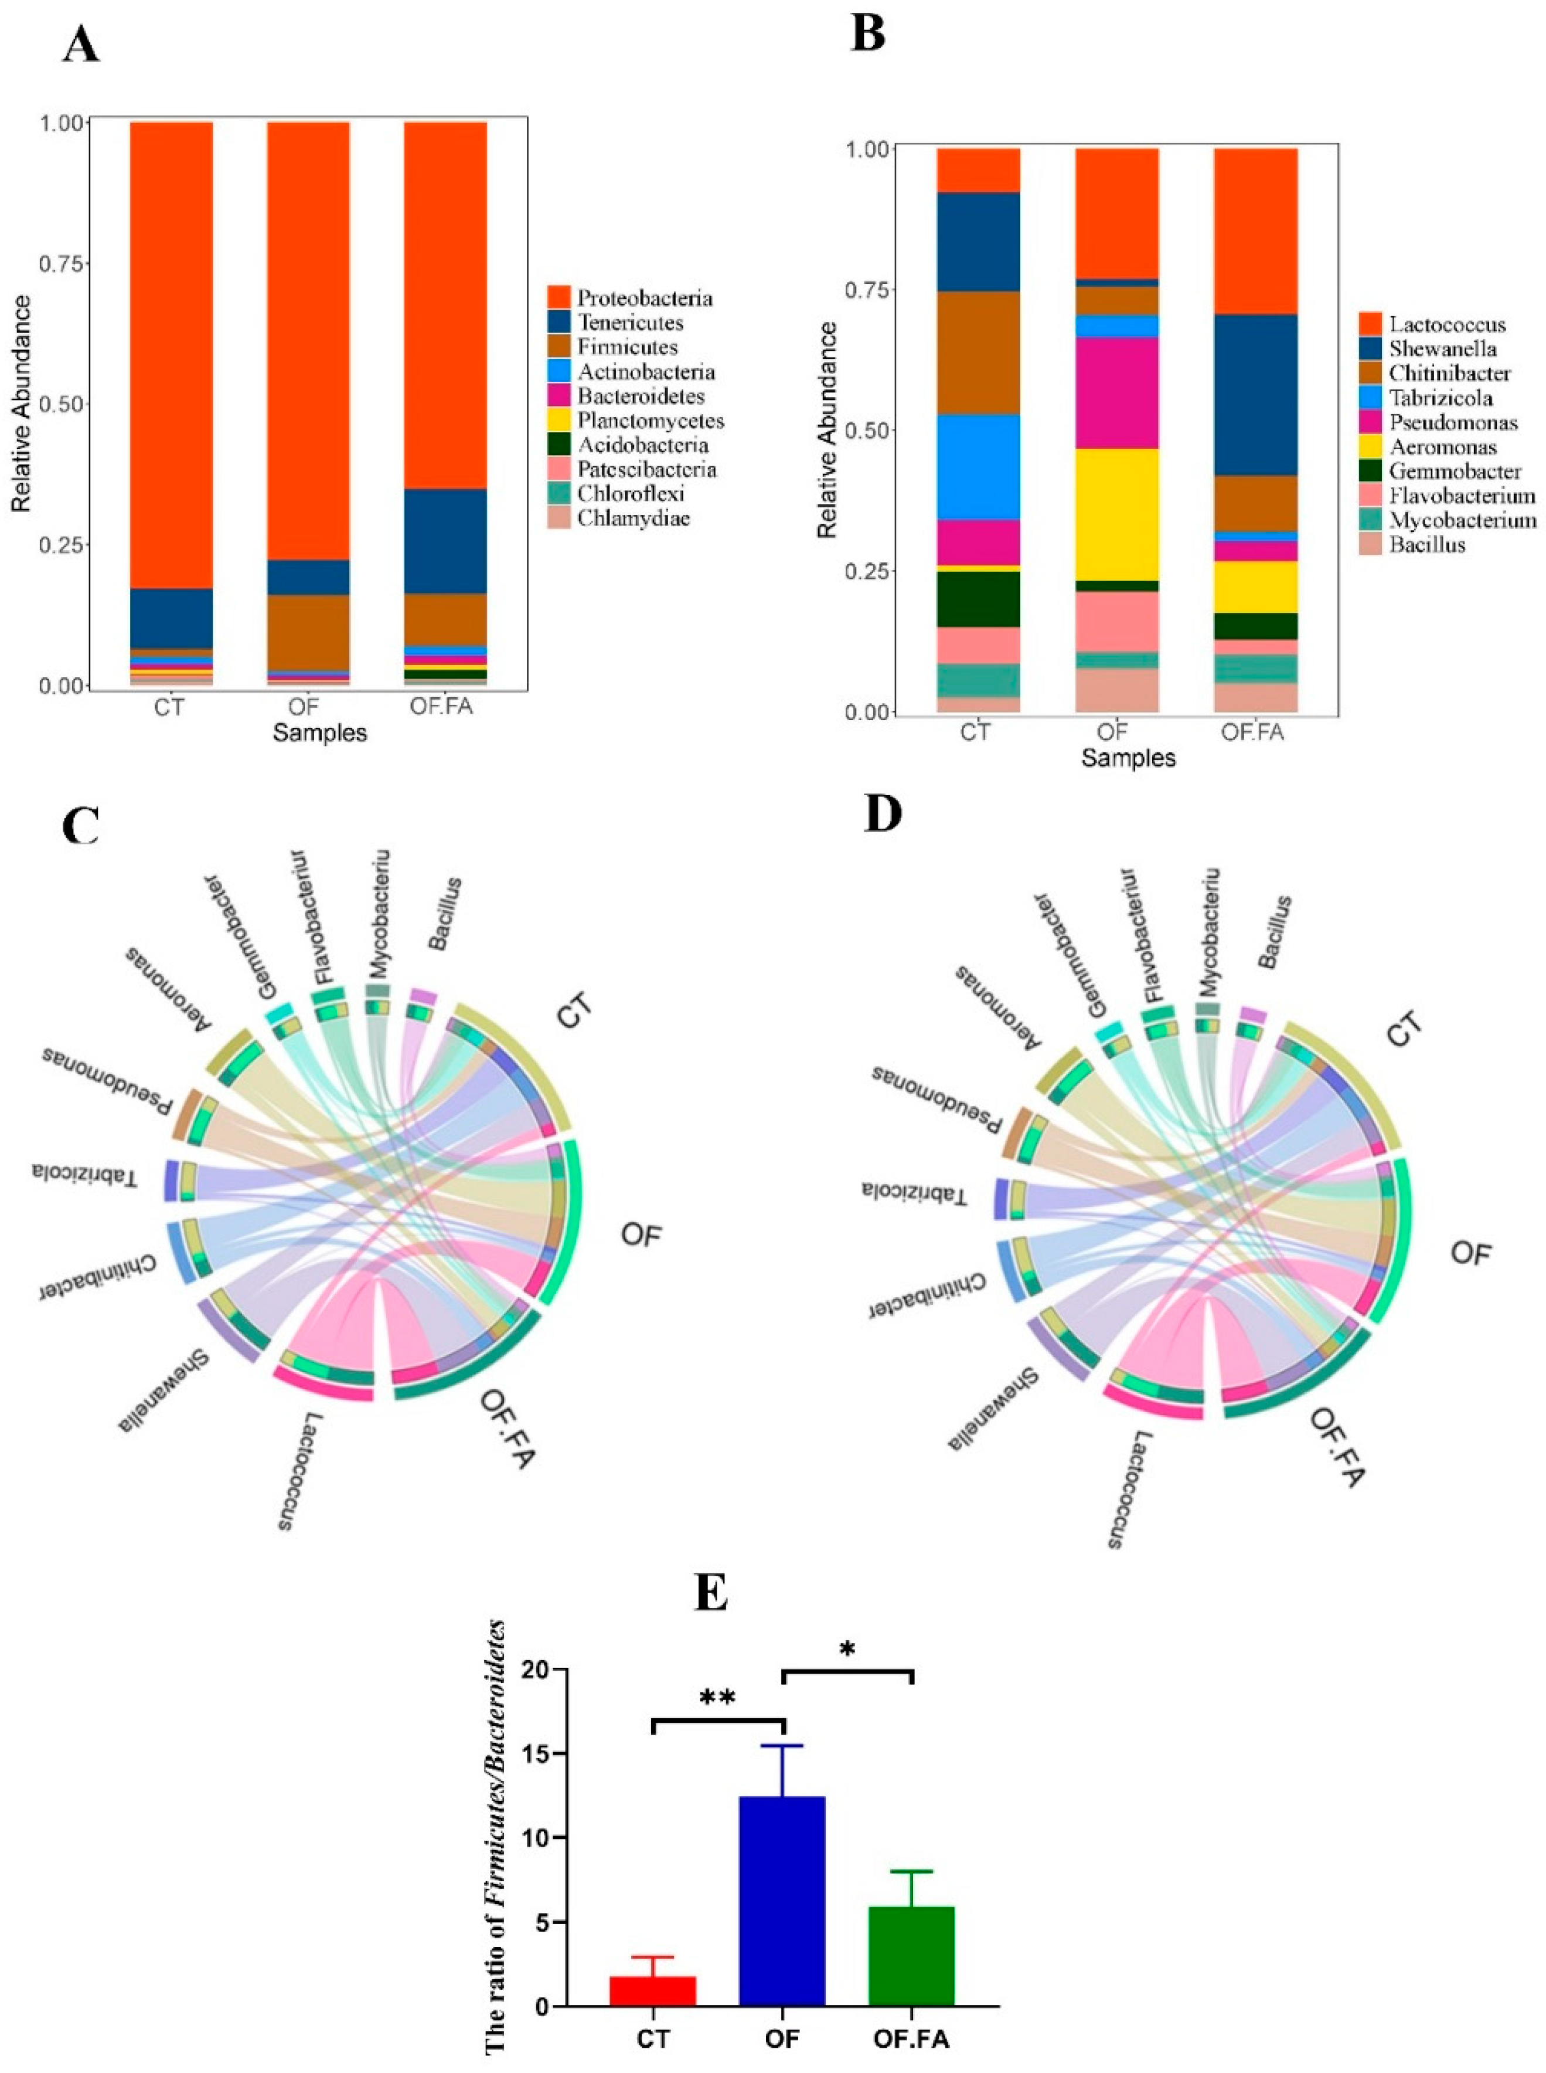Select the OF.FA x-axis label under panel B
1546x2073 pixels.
coord(1252,731)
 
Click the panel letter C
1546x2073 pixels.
coord(81,827)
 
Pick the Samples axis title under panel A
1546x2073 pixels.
coord(320,733)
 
